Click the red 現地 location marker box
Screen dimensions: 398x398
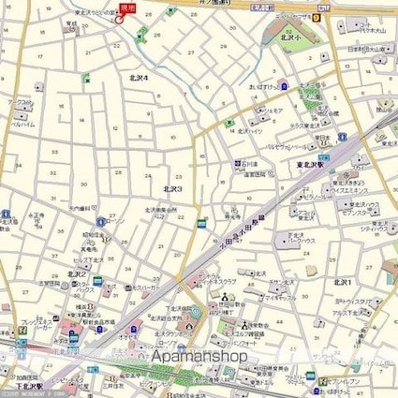(128, 7)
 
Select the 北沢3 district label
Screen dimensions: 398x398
(172, 188)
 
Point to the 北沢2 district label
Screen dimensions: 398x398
(78, 273)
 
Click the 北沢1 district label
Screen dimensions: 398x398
(343, 281)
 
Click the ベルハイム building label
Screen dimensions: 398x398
(22, 123)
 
